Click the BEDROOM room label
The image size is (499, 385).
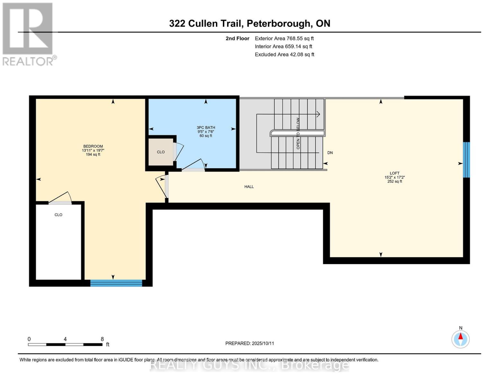point(93,147)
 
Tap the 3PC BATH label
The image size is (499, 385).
point(206,128)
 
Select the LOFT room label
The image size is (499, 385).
point(394,173)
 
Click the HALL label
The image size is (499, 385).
point(249,187)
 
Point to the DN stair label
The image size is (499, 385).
point(330,153)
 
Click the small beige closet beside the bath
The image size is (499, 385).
point(161,152)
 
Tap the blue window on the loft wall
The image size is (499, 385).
point(466,160)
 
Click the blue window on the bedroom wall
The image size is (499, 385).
point(116,283)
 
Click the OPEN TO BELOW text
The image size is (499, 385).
point(298,133)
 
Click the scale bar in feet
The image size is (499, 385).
point(65,345)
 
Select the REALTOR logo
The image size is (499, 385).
point(28,34)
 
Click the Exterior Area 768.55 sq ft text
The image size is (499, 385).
point(284,38)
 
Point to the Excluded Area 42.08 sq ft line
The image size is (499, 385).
point(284,55)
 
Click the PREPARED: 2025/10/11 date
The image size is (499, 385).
point(250,343)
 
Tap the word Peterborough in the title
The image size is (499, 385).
point(280,23)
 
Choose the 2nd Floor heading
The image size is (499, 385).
point(237,38)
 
